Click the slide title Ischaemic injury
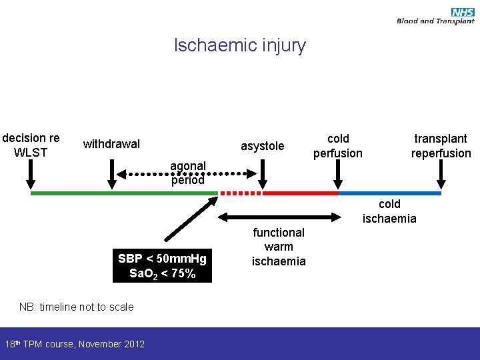239,45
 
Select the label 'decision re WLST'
31,145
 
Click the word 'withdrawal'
111,144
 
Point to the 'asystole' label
262,146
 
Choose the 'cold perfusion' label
338,146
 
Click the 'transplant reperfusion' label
441,146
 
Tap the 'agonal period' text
188,173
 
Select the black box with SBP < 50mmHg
162,265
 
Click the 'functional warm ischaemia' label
279,247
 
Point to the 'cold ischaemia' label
389,211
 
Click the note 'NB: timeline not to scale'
76,307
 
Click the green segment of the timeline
124,193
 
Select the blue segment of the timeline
390,193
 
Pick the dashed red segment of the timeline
241,193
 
